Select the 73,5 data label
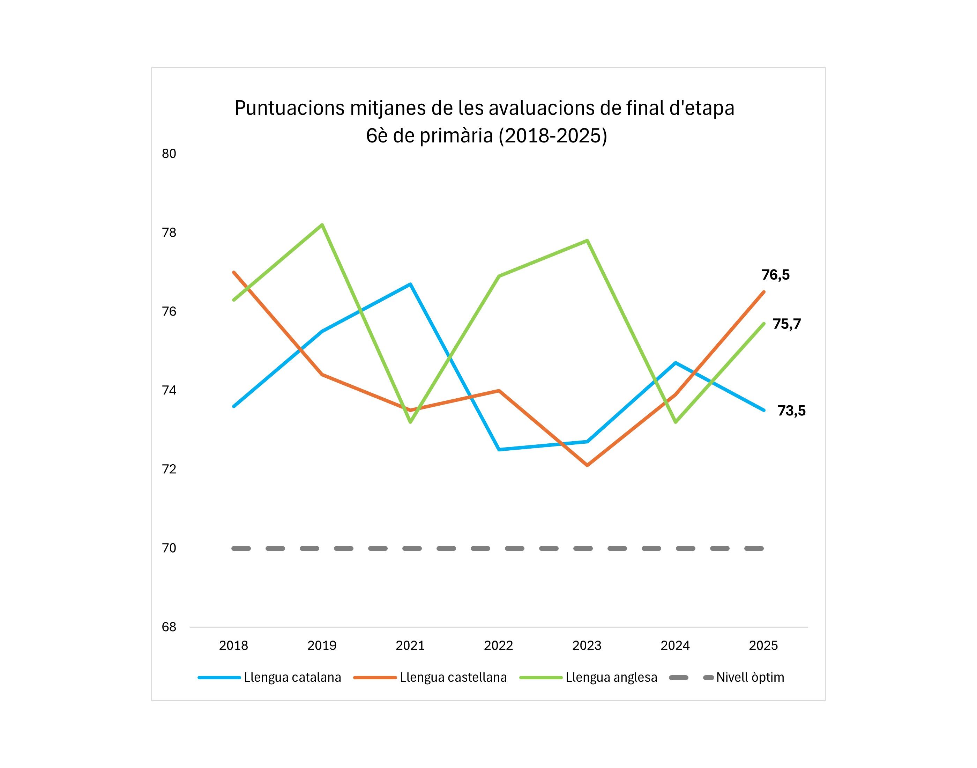(x=791, y=411)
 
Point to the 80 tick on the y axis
(x=169, y=154)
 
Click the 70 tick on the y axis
(x=169, y=548)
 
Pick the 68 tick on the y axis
(x=169, y=627)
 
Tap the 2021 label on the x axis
(x=410, y=646)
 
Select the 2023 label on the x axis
(x=587, y=646)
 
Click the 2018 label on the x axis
(x=233, y=646)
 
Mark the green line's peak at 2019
(x=322, y=224)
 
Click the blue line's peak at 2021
(x=410, y=284)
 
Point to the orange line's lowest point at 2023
(x=587, y=465)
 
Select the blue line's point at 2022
(x=499, y=449)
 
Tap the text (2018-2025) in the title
(x=552, y=136)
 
